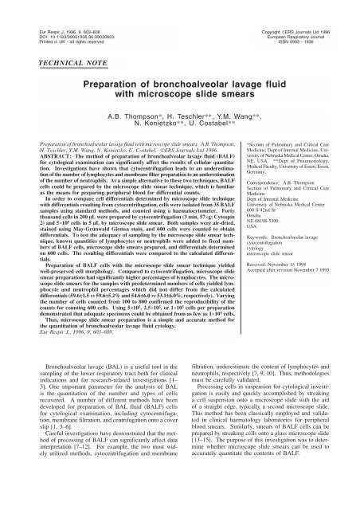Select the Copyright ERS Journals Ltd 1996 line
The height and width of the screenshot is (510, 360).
305,7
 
